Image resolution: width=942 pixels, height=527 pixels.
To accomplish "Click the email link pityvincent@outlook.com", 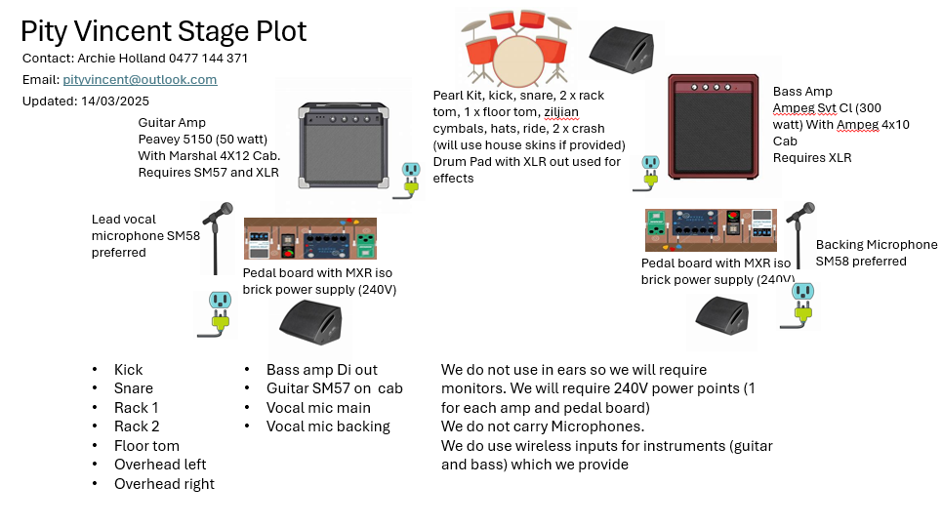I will point(140,80).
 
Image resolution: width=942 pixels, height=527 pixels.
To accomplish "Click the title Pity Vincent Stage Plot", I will point(164,31).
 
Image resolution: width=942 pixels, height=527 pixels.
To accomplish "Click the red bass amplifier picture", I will point(712,127).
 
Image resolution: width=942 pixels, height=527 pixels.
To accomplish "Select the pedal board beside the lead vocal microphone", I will point(309,240).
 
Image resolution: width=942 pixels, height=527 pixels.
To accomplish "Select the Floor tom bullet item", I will point(146,446).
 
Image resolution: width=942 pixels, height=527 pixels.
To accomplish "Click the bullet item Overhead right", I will point(164,484).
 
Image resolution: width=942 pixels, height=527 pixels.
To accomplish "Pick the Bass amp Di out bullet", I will point(321,370).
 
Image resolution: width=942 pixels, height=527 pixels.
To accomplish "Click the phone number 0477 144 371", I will point(208,59).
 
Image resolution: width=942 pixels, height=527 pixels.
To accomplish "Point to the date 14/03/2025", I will point(117,101).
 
